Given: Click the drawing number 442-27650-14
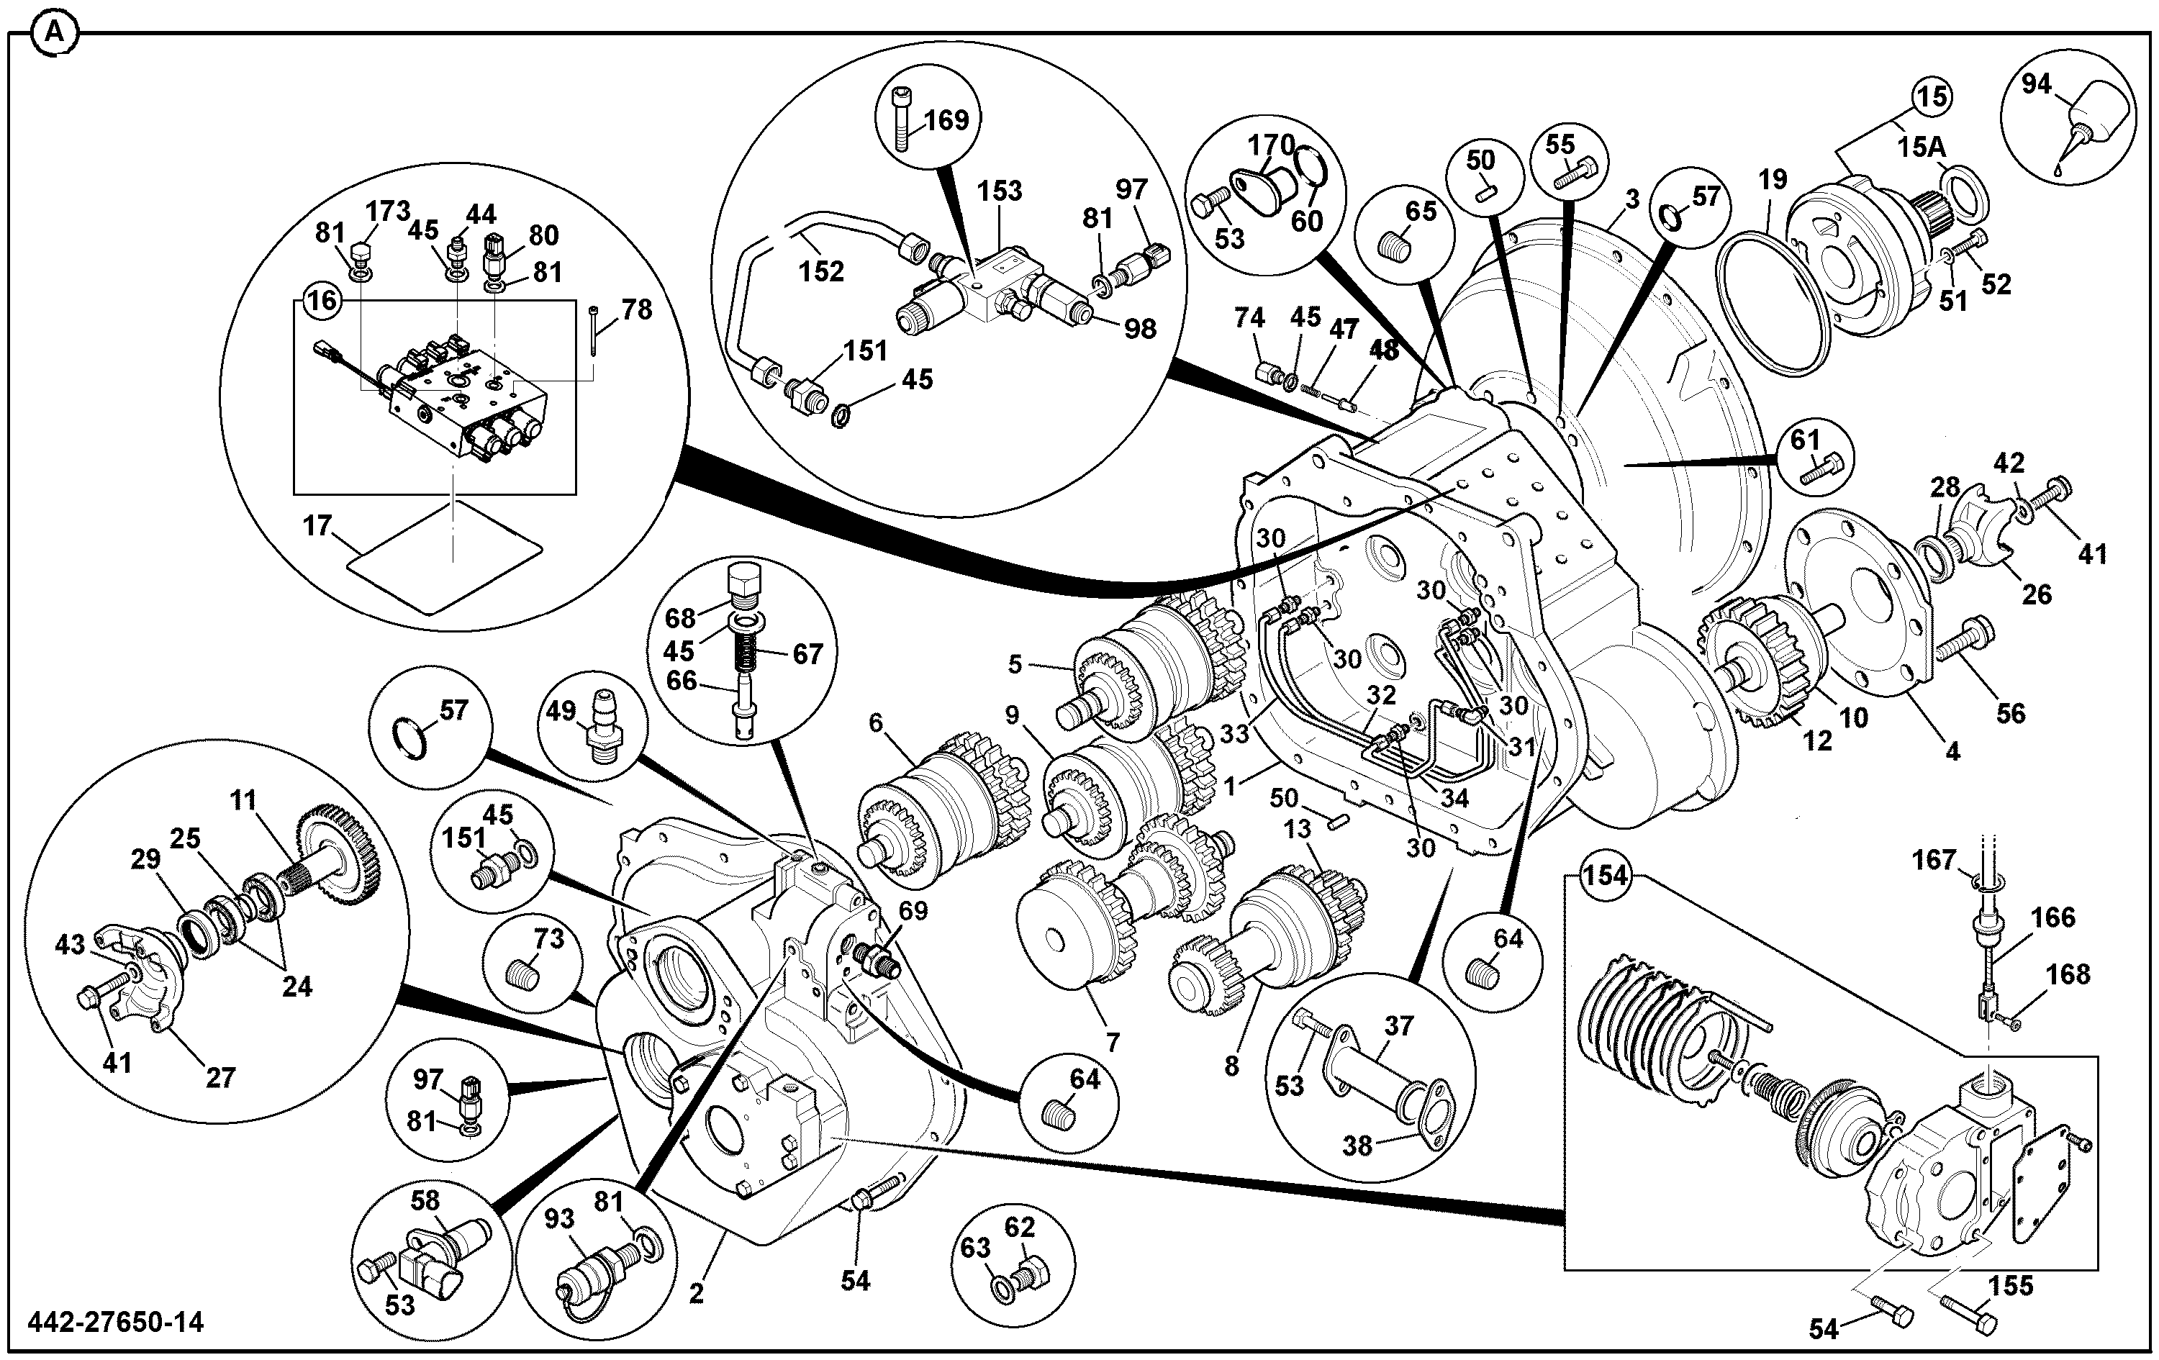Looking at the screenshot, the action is pos(116,1323).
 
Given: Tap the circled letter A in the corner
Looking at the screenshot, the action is pos(54,33).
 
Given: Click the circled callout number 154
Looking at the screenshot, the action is pos(1605,875).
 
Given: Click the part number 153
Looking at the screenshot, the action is pos(1000,191).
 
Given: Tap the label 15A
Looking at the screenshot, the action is pos(1921,147).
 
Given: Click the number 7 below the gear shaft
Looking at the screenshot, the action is pos(1113,1043).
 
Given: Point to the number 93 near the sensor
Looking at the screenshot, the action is pos(559,1218).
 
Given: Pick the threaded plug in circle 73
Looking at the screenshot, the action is pos(524,973).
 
